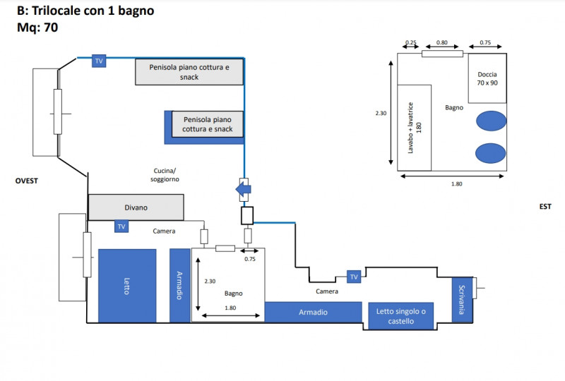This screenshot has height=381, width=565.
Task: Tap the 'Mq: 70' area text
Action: point(37,28)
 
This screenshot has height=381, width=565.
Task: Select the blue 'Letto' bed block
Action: point(127,286)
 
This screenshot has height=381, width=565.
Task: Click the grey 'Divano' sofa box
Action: point(136,207)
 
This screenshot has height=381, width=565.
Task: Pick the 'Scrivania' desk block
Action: point(462,298)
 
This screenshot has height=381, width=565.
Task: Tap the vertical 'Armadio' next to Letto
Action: point(180,286)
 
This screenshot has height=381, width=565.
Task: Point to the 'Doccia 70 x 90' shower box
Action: point(487,78)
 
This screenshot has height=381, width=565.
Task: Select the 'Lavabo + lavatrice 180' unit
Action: point(414,127)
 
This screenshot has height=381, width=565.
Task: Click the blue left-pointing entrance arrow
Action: point(242,189)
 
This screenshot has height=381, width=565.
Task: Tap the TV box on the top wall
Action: point(99,61)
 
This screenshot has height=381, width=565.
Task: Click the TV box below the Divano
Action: point(121,226)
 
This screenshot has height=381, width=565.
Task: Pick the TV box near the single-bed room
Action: point(353,276)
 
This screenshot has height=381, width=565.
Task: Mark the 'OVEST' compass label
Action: point(26,181)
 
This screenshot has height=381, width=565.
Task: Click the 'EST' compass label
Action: point(545,207)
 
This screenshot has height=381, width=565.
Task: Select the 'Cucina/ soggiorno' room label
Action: point(166,175)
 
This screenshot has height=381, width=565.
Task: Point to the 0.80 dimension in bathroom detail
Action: point(442,43)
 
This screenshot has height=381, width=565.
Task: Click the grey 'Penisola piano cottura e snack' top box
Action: point(189,72)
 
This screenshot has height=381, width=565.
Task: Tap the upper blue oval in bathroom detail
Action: point(490,121)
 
